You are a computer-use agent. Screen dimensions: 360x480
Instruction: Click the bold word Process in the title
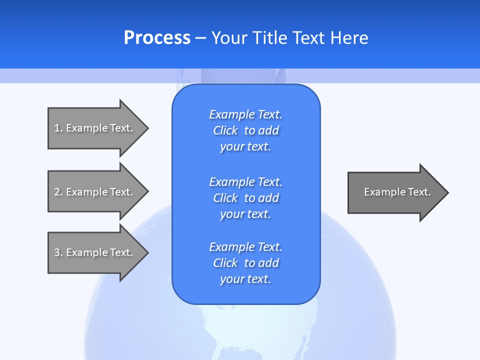coord(157,38)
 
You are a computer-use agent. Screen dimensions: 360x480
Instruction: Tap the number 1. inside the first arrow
coord(58,128)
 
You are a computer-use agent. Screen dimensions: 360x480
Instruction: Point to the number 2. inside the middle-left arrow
coord(58,192)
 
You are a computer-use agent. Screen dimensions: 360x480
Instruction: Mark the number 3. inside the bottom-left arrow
coord(58,252)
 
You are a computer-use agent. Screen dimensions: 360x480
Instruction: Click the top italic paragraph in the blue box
coord(245,130)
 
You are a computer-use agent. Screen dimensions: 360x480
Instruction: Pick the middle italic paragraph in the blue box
coord(245,198)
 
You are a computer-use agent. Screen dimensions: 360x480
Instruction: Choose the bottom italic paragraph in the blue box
coord(245,263)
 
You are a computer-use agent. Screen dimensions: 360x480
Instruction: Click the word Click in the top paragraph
coord(225,130)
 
